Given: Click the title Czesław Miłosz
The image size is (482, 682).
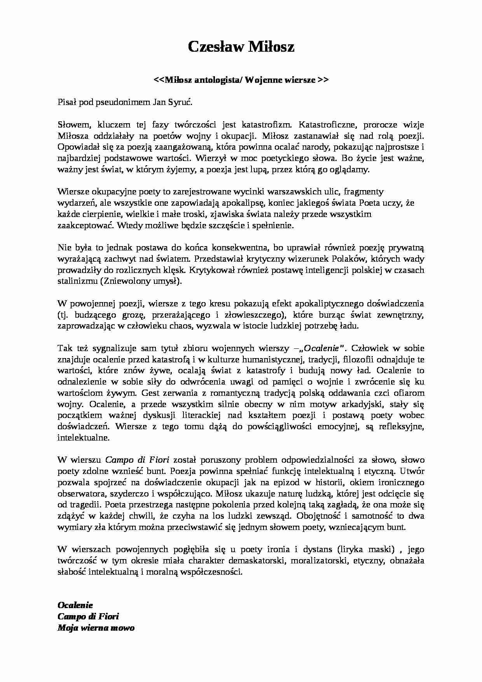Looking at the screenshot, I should point(241,47).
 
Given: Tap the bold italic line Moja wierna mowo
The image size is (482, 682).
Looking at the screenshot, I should point(96,628).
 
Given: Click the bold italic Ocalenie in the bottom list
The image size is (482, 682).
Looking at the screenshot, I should point(75,605).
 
